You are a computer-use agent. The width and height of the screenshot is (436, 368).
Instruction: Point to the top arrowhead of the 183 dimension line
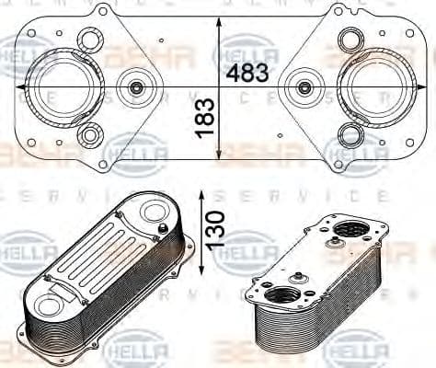[219, 21]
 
